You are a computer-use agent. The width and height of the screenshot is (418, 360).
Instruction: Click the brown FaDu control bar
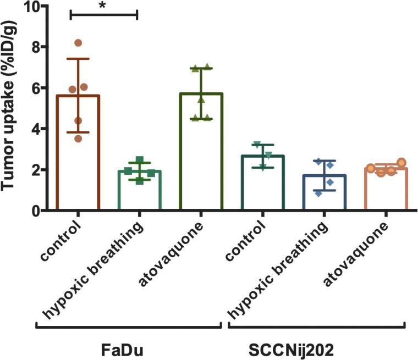tap(78, 154)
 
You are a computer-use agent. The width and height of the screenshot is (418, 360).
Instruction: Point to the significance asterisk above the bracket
tap(103, 6)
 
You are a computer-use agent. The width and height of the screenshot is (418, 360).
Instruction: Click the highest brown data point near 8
tap(78, 43)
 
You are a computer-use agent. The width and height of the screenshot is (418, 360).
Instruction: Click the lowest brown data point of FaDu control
tap(79, 139)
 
